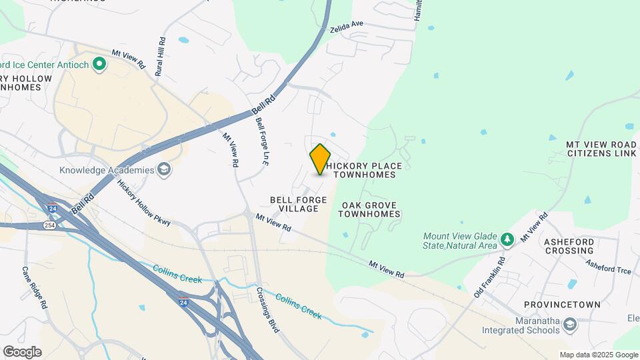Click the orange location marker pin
[x=321, y=159]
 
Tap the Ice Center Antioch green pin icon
[x=99, y=64]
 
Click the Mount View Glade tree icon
[x=507, y=239]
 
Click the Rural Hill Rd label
[x=160, y=56]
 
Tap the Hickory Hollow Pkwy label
[x=144, y=203]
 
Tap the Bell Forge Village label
[x=299, y=204]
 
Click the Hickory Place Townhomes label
[x=365, y=170]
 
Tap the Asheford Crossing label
[x=569, y=246]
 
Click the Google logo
[x=22, y=351]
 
